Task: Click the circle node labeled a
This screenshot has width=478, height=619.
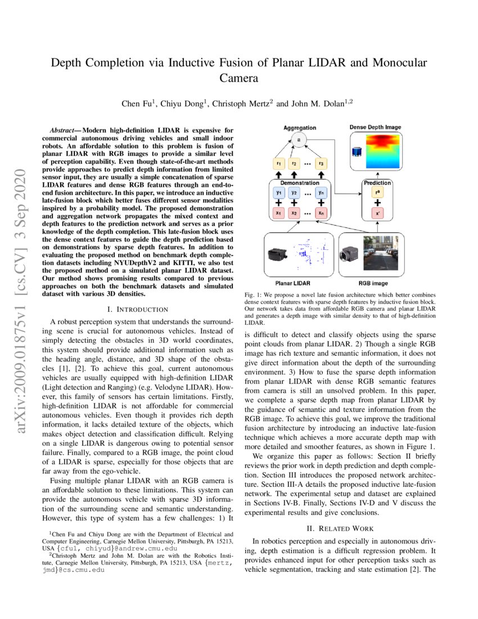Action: point(300,141)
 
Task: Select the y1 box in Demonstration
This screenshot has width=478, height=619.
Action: point(278,192)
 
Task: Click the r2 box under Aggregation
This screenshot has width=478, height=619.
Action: point(294,164)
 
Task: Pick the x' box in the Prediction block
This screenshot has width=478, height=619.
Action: point(377,214)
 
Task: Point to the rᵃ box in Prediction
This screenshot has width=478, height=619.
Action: point(377,192)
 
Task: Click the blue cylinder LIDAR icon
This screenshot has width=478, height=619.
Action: point(356,152)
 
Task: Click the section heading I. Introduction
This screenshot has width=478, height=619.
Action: point(138,309)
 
